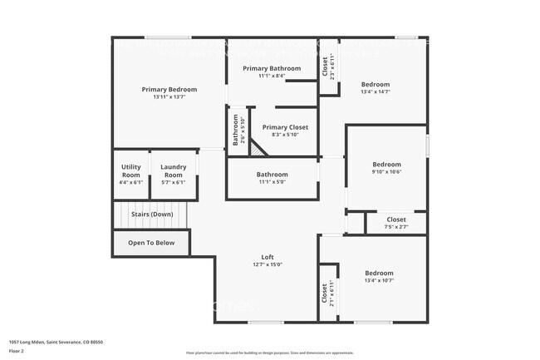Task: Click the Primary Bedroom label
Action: tap(169, 89)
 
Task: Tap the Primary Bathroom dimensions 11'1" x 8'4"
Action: tap(272, 76)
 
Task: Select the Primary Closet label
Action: tap(284, 127)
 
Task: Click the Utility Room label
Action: tap(130, 171)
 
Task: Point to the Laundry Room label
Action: tap(173, 171)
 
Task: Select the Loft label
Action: tap(268, 257)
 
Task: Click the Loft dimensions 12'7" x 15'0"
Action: tap(268, 265)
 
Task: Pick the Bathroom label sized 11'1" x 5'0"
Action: tap(272, 175)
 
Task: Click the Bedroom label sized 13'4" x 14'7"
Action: tap(375, 84)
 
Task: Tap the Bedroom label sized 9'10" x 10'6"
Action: tap(386, 164)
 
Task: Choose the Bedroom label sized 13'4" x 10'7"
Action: tap(379, 273)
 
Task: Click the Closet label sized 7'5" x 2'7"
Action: tap(396, 219)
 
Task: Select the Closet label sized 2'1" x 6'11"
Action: tap(324, 293)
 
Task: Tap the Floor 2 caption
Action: tap(17, 349)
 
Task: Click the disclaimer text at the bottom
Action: tap(269, 353)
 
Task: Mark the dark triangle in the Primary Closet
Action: tap(258, 149)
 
